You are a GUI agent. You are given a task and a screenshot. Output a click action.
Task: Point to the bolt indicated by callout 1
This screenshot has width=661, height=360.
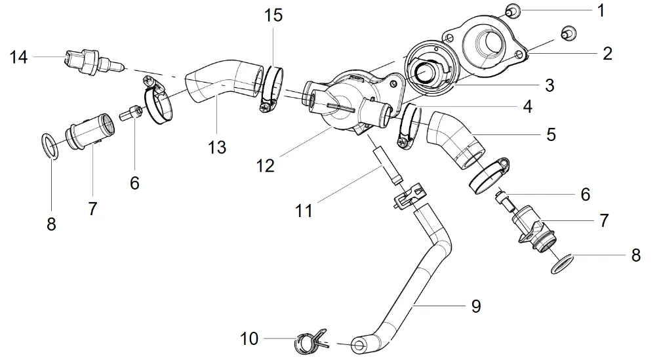pos(513,9)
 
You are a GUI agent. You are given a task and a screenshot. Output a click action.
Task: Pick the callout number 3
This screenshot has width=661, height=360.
pos(549,85)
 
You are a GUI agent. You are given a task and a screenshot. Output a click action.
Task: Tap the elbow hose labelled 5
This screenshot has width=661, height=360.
pos(453,138)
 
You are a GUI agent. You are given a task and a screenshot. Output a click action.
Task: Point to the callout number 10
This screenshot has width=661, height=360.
pos(250,339)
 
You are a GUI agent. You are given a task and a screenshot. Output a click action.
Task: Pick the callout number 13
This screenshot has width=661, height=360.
pos(216,148)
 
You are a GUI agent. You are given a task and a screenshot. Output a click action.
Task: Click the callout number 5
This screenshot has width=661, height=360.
pos(550,134)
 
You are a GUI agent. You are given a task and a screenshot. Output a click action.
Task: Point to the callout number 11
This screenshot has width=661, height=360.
pos(304,210)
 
